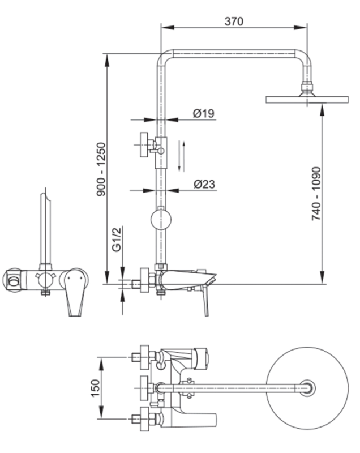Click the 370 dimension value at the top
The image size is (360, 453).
(233, 22)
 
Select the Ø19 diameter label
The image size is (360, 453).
(203, 113)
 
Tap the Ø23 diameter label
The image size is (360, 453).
(203, 184)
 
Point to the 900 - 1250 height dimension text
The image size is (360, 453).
(101, 169)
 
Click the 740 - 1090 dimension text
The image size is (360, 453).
(316, 193)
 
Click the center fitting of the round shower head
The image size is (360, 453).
(306, 388)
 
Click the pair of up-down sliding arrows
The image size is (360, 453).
(181, 155)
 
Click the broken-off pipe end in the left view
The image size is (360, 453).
(45, 199)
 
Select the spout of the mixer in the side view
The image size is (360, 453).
(192, 280)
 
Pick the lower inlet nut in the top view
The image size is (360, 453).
(145, 420)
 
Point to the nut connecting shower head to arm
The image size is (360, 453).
(307, 88)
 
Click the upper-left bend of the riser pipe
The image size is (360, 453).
(164, 57)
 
